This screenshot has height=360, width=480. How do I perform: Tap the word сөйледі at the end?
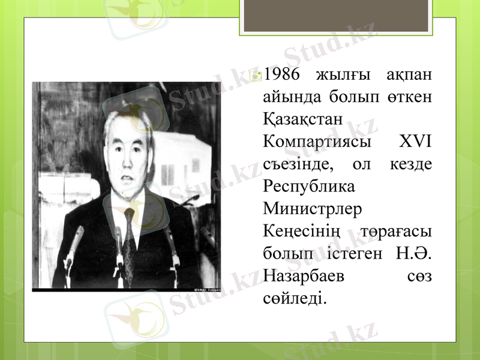pyautogui.click(x=295, y=298)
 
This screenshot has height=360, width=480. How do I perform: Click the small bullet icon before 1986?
pyautogui.click(x=256, y=76)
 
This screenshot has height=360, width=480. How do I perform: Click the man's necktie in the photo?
pyautogui.click(x=128, y=240)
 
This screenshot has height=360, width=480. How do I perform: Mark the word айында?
pyautogui.click(x=289, y=97)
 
